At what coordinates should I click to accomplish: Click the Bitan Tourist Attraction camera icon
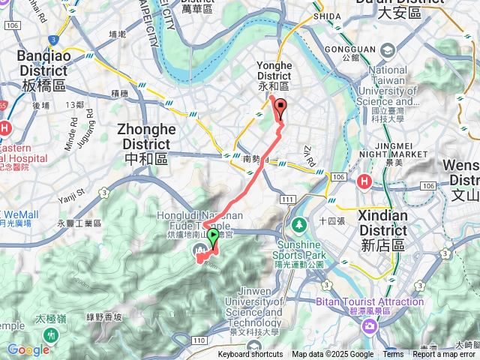[x=369, y=325]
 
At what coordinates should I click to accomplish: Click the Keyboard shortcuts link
[x=250, y=355]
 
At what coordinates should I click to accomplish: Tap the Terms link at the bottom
[x=393, y=355]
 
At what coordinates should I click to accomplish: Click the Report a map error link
[x=445, y=355]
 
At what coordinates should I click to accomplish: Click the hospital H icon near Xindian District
[x=364, y=181]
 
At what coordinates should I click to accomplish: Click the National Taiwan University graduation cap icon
[x=387, y=51]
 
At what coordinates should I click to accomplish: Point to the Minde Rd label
[x=72, y=128]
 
